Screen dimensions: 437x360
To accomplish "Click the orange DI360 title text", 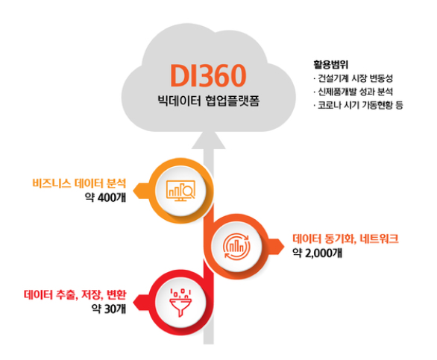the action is [208, 75].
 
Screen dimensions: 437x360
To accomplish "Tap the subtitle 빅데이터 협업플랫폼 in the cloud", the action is [209, 101].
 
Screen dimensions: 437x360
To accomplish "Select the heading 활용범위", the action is [331, 65].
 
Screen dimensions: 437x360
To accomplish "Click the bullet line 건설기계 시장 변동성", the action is [353, 78].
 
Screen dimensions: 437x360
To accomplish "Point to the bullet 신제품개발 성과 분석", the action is [353, 92].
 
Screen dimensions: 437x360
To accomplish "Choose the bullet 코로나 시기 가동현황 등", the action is [358, 105].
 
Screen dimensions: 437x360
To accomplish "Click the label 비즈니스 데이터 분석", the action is [80, 183].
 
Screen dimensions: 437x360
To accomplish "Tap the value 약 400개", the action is [106, 198].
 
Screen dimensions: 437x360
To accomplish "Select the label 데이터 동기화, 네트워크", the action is [345, 239].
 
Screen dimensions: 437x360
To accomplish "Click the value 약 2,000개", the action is [318, 253].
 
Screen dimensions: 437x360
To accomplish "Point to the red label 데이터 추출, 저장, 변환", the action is [75, 294].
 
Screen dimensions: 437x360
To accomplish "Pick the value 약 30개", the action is [109, 309].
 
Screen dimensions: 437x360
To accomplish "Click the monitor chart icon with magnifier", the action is [181, 191].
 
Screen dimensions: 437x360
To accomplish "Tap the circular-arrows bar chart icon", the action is [236, 247].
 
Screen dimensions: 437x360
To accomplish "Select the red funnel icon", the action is [180, 303].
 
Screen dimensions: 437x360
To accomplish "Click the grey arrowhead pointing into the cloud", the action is [209, 140].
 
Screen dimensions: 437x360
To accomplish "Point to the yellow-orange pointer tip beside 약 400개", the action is [133, 191].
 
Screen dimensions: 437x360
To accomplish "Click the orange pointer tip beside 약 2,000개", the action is [284, 247].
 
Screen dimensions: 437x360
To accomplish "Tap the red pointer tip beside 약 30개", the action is [133, 302].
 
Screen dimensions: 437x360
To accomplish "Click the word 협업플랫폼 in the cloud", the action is [233, 101].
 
